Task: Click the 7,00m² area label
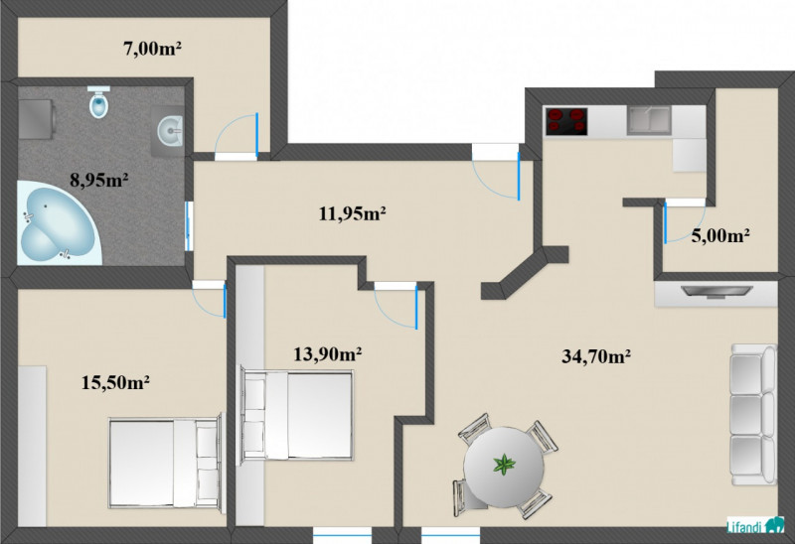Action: (x=153, y=49)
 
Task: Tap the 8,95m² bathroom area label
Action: (x=98, y=180)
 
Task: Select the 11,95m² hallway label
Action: (x=353, y=213)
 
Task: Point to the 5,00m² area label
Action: (x=721, y=235)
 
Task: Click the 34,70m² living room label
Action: (x=596, y=356)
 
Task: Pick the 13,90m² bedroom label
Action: (x=328, y=354)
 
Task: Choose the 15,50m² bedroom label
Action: (x=115, y=382)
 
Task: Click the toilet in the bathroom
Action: (x=98, y=102)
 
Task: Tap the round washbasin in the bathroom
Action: (x=170, y=130)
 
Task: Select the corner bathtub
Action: (x=59, y=224)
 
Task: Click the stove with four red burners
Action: (x=566, y=121)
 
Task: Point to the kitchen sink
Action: (x=649, y=120)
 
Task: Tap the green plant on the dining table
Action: (x=504, y=465)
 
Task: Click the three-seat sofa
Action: (x=753, y=414)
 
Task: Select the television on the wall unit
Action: (x=716, y=292)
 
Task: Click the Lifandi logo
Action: (x=755, y=526)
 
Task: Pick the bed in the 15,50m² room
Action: (x=166, y=463)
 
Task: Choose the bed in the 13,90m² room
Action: (x=296, y=415)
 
